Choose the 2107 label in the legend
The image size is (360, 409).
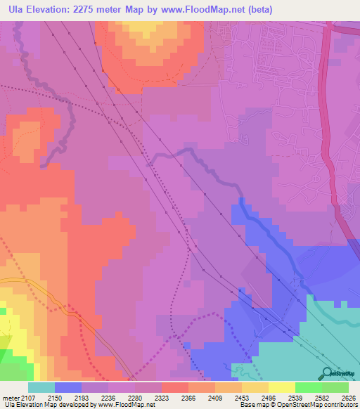pyautogui.click(x=27, y=398)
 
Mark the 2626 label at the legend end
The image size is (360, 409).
pyautogui.click(x=349, y=398)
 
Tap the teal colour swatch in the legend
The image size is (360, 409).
pyautogui.click(x=41, y=387)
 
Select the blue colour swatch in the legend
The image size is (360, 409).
pyautogui.click(x=68, y=387)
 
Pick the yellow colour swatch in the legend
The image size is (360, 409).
pyautogui.click(x=282, y=387)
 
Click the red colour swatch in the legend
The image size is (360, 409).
pyautogui.click(x=175, y=387)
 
